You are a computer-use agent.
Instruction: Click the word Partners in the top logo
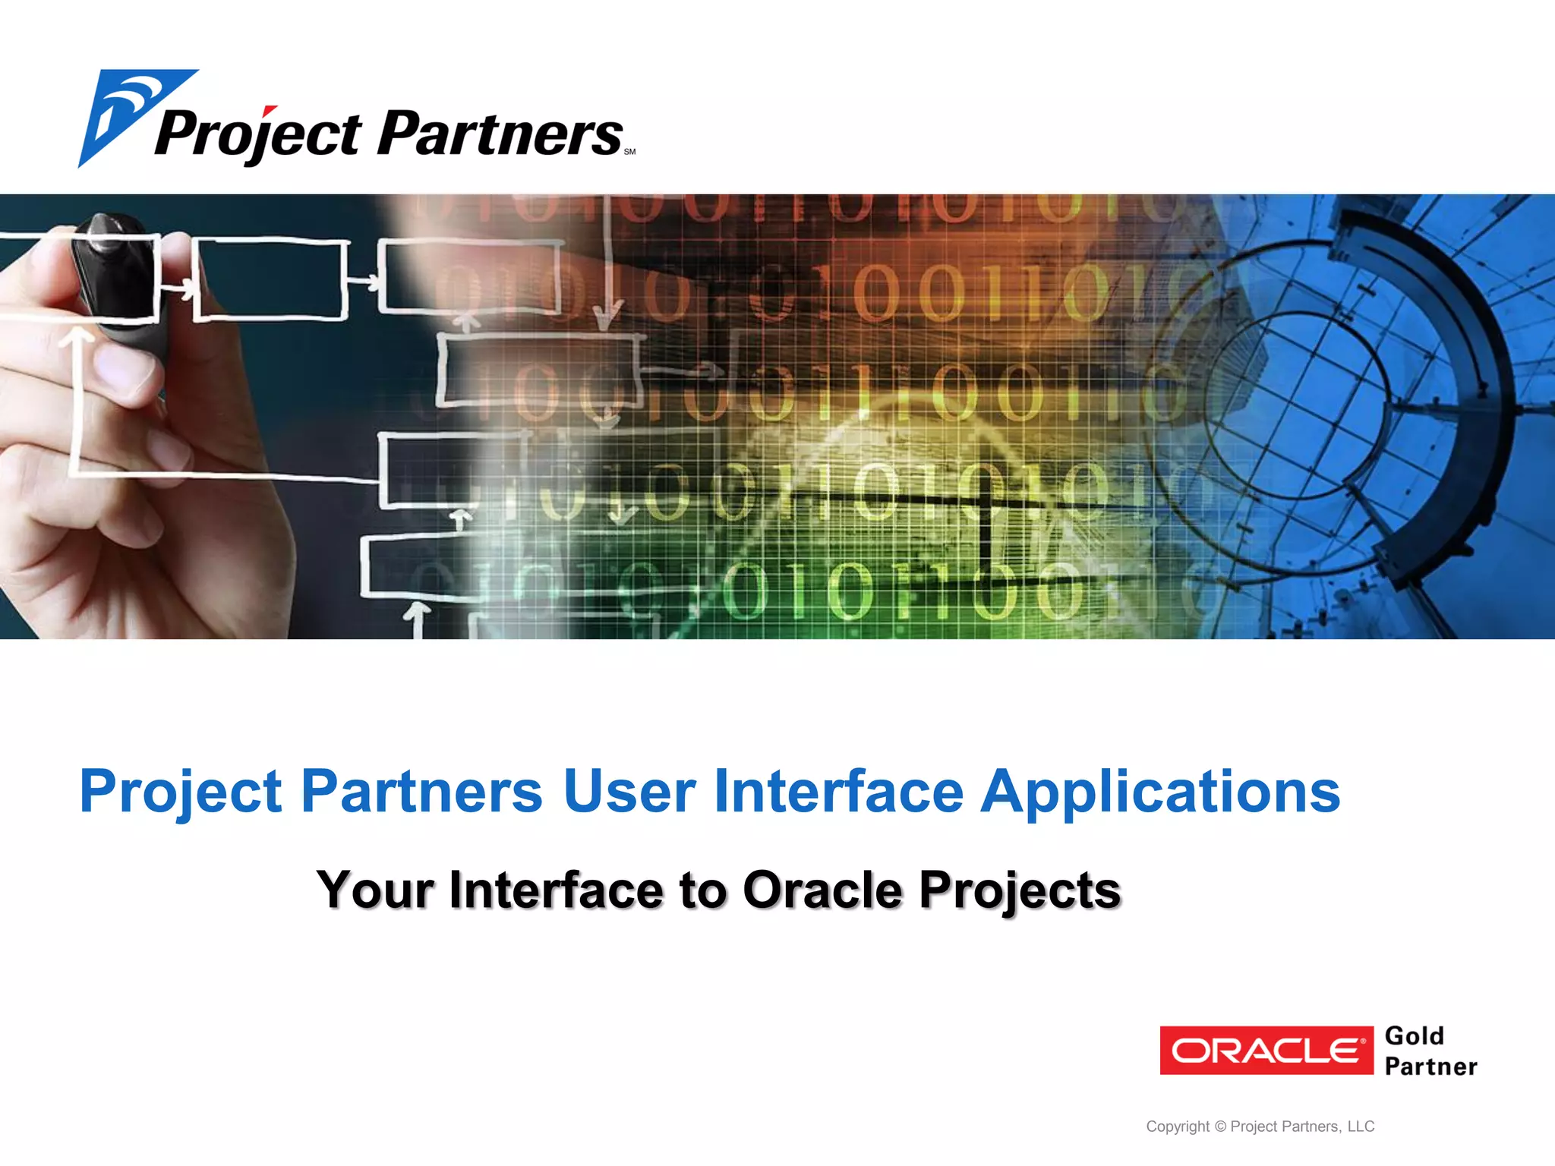pyautogui.click(x=499, y=134)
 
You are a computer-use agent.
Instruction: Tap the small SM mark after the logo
pyautogui.click(x=629, y=152)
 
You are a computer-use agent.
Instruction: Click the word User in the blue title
pyautogui.click(x=629, y=791)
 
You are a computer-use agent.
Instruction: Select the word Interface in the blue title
pyautogui.click(x=838, y=791)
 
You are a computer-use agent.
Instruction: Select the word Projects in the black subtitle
pyautogui.click(x=1020, y=890)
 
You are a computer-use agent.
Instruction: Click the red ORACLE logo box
pyautogui.click(x=1266, y=1051)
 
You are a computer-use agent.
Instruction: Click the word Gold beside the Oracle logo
pyautogui.click(x=1414, y=1036)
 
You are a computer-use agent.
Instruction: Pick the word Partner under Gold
pyautogui.click(x=1430, y=1067)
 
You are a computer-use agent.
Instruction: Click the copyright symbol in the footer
pyautogui.click(x=1220, y=1127)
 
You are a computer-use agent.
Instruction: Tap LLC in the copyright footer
pyautogui.click(x=1361, y=1127)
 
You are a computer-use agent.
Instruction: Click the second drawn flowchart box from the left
pyautogui.click(x=270, y=279)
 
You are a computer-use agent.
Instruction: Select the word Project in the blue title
pyautogui.click(x=180, y=793)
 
